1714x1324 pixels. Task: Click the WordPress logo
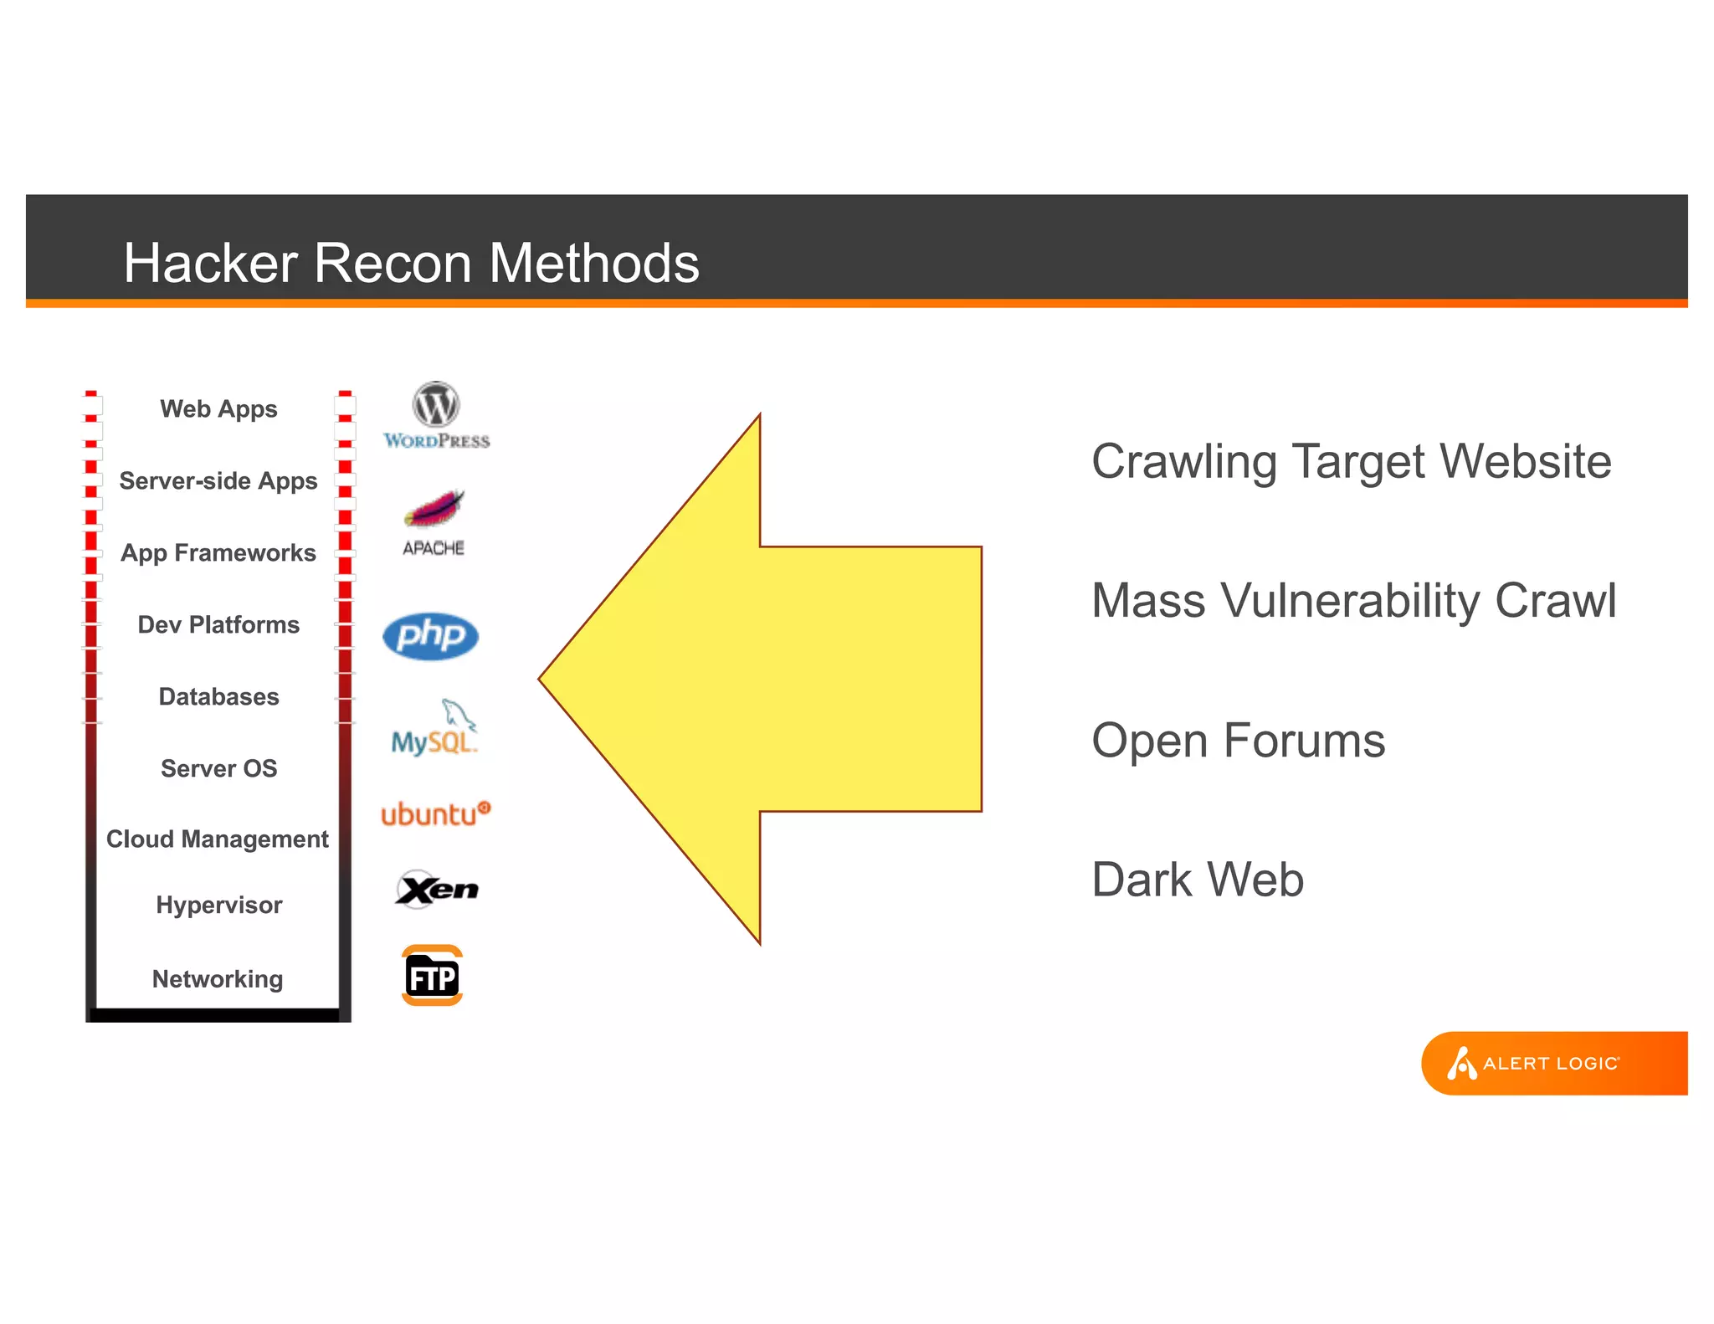[x=436, y=415]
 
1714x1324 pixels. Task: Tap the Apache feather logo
[x=434, y=521]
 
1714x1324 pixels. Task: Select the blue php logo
[x=430, y=636]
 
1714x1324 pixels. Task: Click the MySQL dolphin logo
[x=434, y=728]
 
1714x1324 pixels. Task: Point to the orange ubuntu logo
[x=435, y=813]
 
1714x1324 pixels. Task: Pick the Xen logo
[x=436, y=889]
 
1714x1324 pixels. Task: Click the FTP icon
[x=432, y=976]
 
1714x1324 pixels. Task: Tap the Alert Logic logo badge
[x=1552, y=1063]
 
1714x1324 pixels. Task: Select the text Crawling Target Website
[x=1351, y=461]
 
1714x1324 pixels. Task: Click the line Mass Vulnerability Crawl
[x=1353, y=601]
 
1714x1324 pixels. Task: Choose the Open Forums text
[x=1238, y=741]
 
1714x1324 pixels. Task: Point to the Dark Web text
[x=1198, y=880]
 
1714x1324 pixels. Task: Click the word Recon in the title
[x=392, y=263]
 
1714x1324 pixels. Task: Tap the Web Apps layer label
[x=218, y=409]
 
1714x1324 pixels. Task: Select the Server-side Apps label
[x=218, y=481]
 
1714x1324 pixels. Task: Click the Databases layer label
[x=218, y=696]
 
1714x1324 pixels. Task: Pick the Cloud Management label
[x=218, y=839]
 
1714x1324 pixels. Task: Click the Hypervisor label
[x=218, y=905]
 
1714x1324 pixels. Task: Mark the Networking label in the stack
[x=218, y=978]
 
